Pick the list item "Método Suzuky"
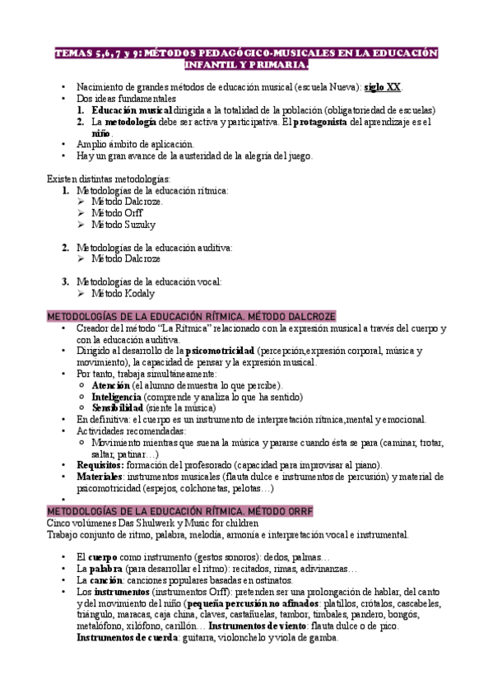[123, 224]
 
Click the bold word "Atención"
[111, 385]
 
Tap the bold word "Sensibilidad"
[118, 407]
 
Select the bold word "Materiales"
[100, 477]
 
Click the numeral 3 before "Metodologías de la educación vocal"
[65, 281]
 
